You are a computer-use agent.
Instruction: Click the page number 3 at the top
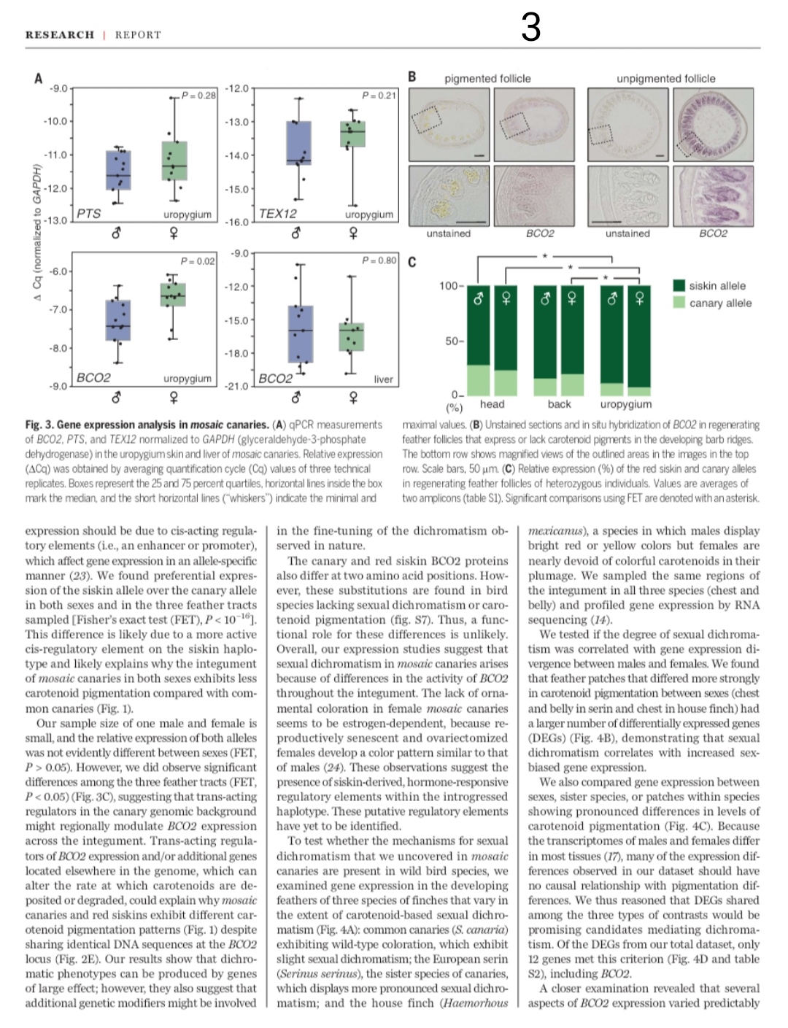[x=531, y=28]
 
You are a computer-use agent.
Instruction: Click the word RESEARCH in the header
[x=60, y=34]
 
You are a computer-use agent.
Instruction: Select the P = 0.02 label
[x=198, y=260]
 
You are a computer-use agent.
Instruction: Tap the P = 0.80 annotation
[x=379, y=260]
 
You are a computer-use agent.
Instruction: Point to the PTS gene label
[x=88, y=214]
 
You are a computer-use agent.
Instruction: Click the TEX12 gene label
[x=278, y=214]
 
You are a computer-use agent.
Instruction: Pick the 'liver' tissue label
[x=383, y=379]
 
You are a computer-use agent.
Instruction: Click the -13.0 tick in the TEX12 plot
[x=239, y=122]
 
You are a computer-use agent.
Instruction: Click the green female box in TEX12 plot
[x=353, y=134]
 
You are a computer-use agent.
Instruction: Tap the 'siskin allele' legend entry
[x=717, y=286]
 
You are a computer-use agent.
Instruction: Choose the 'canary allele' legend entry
[x=719, y=304]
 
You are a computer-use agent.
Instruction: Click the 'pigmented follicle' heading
[x=487, y=79]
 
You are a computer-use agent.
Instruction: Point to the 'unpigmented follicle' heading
[x=665, y=79]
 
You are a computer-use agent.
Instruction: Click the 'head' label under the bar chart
[x=492, y=404]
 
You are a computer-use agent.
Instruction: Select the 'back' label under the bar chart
[x=559, y=404]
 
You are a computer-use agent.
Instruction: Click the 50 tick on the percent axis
[x=452, y=341]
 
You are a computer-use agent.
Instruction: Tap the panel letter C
[x=412, y=263]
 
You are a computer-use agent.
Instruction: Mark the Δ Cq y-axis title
[x=34, y=241]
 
